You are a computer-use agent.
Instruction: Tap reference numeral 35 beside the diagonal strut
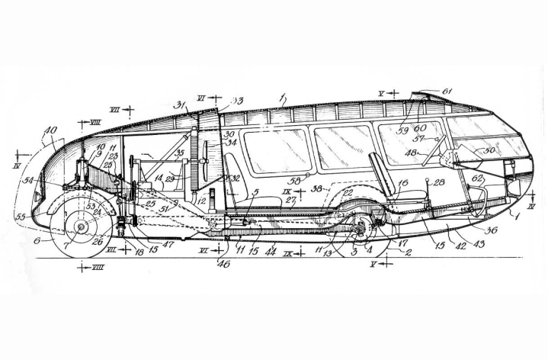(181, 153)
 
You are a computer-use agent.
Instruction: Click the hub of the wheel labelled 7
(82, 226)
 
